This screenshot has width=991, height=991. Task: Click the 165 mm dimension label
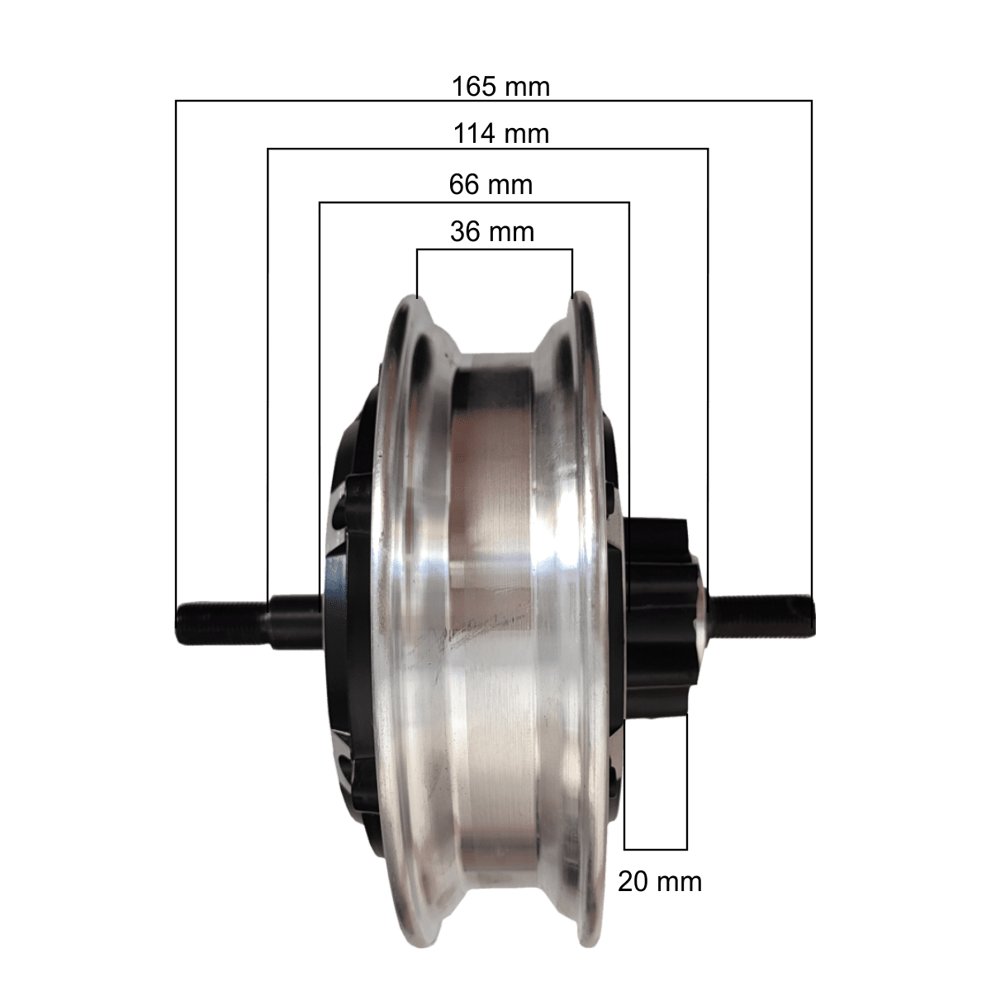click(501, 87)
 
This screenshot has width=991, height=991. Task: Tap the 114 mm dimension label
click(501, 134)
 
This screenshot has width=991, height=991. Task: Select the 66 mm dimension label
click(491, 185)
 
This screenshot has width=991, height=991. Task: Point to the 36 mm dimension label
click(492, 231)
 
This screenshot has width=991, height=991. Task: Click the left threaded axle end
click(221, 623)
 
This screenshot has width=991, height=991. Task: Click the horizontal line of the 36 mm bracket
click(495, 250)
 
